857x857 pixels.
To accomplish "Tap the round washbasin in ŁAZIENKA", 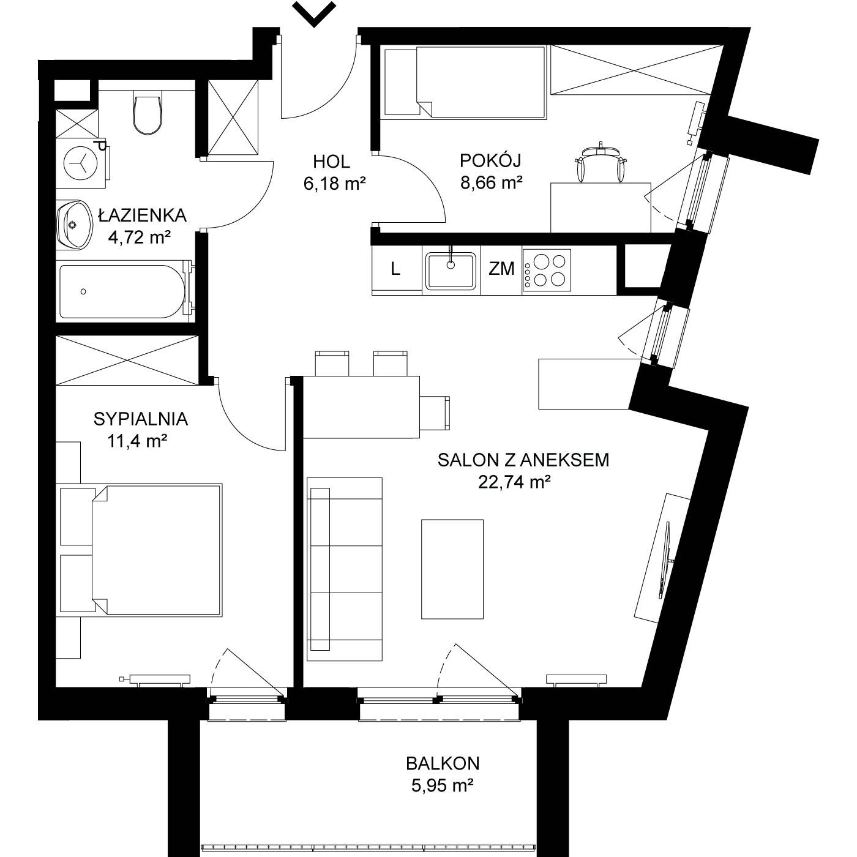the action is pos(74,224).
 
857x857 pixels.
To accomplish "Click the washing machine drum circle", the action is pos(80,163).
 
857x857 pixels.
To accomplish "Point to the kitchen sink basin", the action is pos(451,271).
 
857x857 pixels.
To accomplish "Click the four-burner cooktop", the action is pos(547,270).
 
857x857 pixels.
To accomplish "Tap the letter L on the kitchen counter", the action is pos(395,269).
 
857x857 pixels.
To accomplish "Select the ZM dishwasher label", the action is pos(501,269).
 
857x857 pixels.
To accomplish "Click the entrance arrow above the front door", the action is pos(315,14).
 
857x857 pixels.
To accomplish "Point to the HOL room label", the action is pos(331,162).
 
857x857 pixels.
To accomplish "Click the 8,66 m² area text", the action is pos(491,183).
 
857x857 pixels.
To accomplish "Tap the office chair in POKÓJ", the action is pos(601,163).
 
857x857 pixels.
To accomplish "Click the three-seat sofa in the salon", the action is pos(345,569).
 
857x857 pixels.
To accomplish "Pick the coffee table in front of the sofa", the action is pos(452,569).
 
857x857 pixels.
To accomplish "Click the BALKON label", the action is pos(443,763).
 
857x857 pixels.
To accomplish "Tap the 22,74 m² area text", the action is pos(515,482).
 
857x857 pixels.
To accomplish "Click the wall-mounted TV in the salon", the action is pos(665,560).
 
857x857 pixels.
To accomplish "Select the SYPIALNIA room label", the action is pos(141,419).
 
